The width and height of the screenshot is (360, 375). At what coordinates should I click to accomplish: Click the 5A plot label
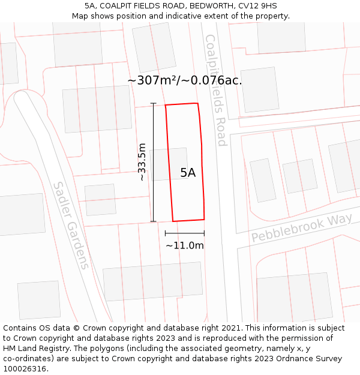click(188, 173)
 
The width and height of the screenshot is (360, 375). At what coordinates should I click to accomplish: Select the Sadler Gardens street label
click(71, 226)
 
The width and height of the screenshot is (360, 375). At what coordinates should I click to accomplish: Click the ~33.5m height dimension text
click(142, 162)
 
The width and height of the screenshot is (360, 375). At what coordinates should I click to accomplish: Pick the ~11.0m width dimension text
click(185, 245)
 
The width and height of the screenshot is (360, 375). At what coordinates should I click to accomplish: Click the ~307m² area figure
click(149, 80)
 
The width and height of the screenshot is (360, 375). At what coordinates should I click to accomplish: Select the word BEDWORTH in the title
click(207, 6)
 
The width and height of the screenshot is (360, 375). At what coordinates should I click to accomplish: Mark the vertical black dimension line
click(154, 162)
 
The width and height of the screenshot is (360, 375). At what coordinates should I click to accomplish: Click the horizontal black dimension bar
click(185, 233)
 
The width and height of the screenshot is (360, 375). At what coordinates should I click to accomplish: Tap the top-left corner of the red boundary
click(166, 106)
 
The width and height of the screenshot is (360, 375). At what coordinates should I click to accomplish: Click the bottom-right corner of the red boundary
click(204, 219)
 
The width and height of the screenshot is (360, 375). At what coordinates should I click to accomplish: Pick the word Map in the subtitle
click(80, 16)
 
